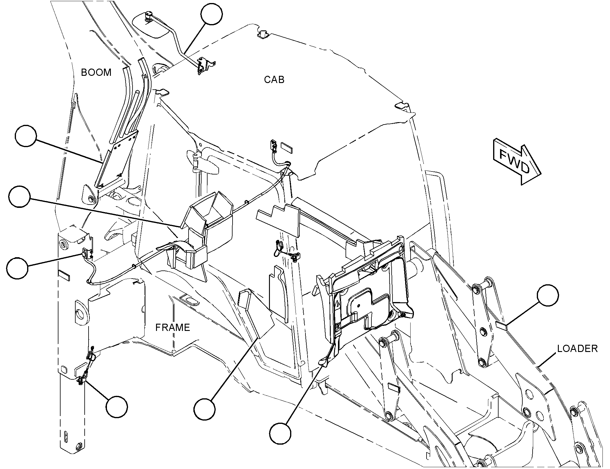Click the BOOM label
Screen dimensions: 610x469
click(96, 73)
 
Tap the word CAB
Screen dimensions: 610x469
click(274, 79)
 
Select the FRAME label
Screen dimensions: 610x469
click(173, 327)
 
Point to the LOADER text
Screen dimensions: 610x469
click(577, 348)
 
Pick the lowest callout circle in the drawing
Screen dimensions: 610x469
click(280, 434)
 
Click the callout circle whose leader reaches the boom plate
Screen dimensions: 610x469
click(26, 136)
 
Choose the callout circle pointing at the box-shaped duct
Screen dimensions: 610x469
click(20, 197)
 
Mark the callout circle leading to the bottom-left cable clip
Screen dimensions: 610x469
click(117, 407)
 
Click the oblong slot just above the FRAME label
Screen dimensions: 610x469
click(189, 299)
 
